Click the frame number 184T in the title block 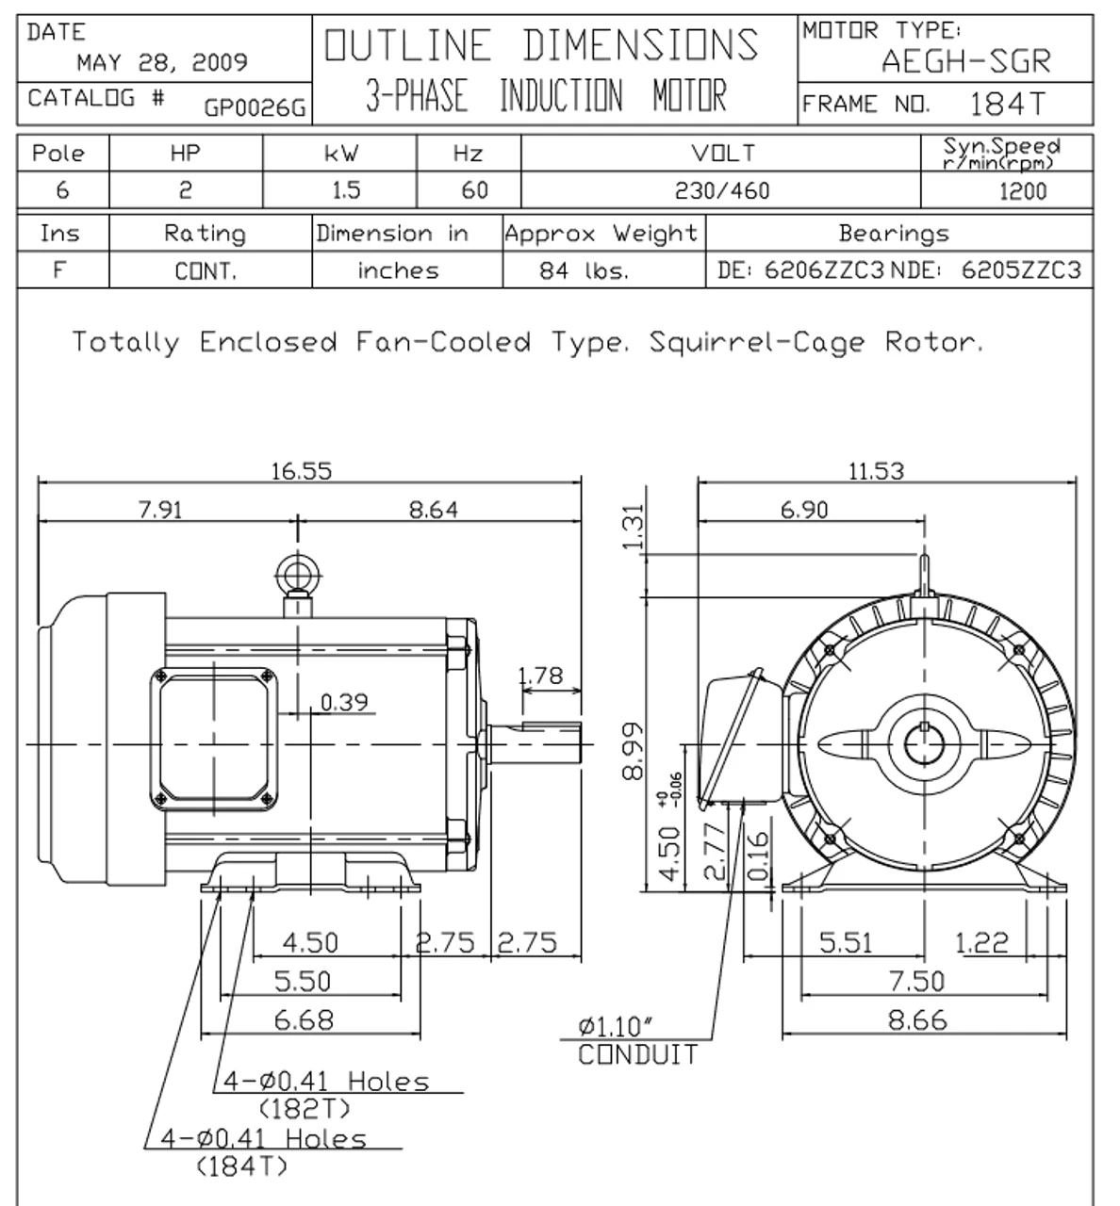click(x=1007, y=104)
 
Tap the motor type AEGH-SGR click(x=964, y=61)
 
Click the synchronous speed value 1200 click(x=1022, y=191)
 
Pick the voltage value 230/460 click(x=722, y=191)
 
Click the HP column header click(x=185, y=154)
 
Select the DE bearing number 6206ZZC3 click(x=824, y=271)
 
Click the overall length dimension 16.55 click(x=302, y=471)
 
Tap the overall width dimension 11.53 click(x=876, y=471)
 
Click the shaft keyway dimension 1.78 click(x=540, y=676)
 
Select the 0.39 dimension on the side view click(x=344, y=703)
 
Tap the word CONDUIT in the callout click(x=638, y=1054)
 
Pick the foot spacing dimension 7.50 click(x=916, y=982)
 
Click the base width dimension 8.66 click(x=916, y=1020)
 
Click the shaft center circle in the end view click(x=923, y=744)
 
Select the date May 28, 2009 click(x=162, y=63)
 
